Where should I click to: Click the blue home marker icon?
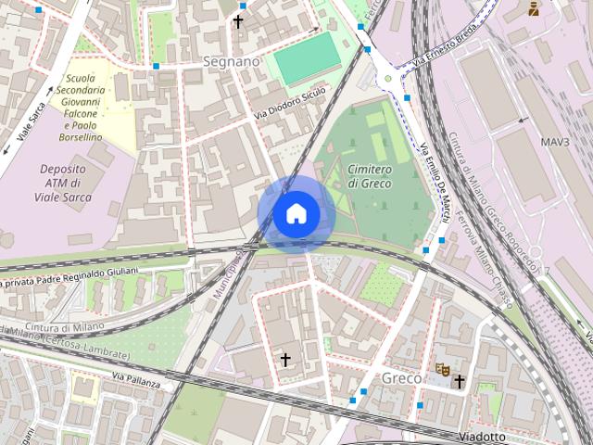click(296, 214)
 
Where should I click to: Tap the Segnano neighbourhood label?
click(231, 61)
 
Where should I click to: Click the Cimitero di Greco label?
click(370, 177)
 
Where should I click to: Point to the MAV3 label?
click(555, 142)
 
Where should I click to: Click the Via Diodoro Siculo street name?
click(290, 105)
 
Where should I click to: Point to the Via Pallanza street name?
click(136, 379)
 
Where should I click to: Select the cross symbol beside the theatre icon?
click(459, 380)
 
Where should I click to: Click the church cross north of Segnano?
click(238, 20)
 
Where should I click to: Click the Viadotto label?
click(482, 437)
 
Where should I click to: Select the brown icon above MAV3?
click(533, 9)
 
